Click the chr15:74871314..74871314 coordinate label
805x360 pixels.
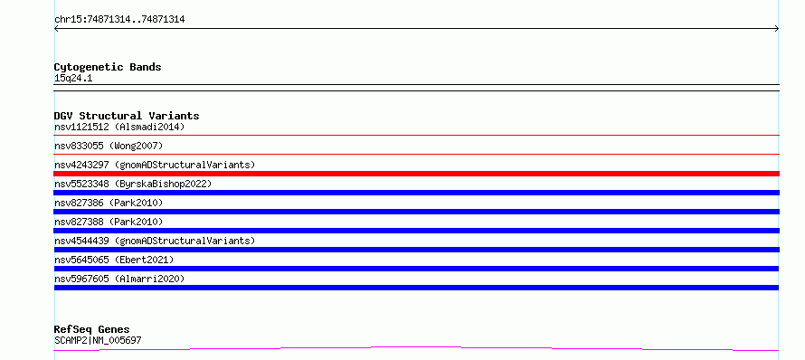119,20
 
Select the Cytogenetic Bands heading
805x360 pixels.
108,67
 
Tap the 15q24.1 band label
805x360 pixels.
73,79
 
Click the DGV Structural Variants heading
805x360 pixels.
127,116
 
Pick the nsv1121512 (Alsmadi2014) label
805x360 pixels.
119,127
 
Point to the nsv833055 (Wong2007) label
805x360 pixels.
109,146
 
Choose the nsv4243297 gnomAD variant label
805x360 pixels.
155,165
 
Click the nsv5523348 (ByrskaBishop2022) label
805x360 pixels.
133,184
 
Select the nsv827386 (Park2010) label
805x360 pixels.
109,203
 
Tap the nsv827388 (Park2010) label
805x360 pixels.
109,222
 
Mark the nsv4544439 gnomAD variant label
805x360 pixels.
155,241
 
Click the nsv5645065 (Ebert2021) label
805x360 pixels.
114,260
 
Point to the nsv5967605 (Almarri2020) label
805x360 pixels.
119,279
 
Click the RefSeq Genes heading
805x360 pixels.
92,329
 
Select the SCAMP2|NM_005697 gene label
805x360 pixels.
98,340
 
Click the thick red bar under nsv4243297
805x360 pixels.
416,174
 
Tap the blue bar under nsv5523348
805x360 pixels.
416,193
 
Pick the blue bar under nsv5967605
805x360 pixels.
416,288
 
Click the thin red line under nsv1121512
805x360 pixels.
416,135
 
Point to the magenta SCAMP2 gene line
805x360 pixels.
416,349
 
